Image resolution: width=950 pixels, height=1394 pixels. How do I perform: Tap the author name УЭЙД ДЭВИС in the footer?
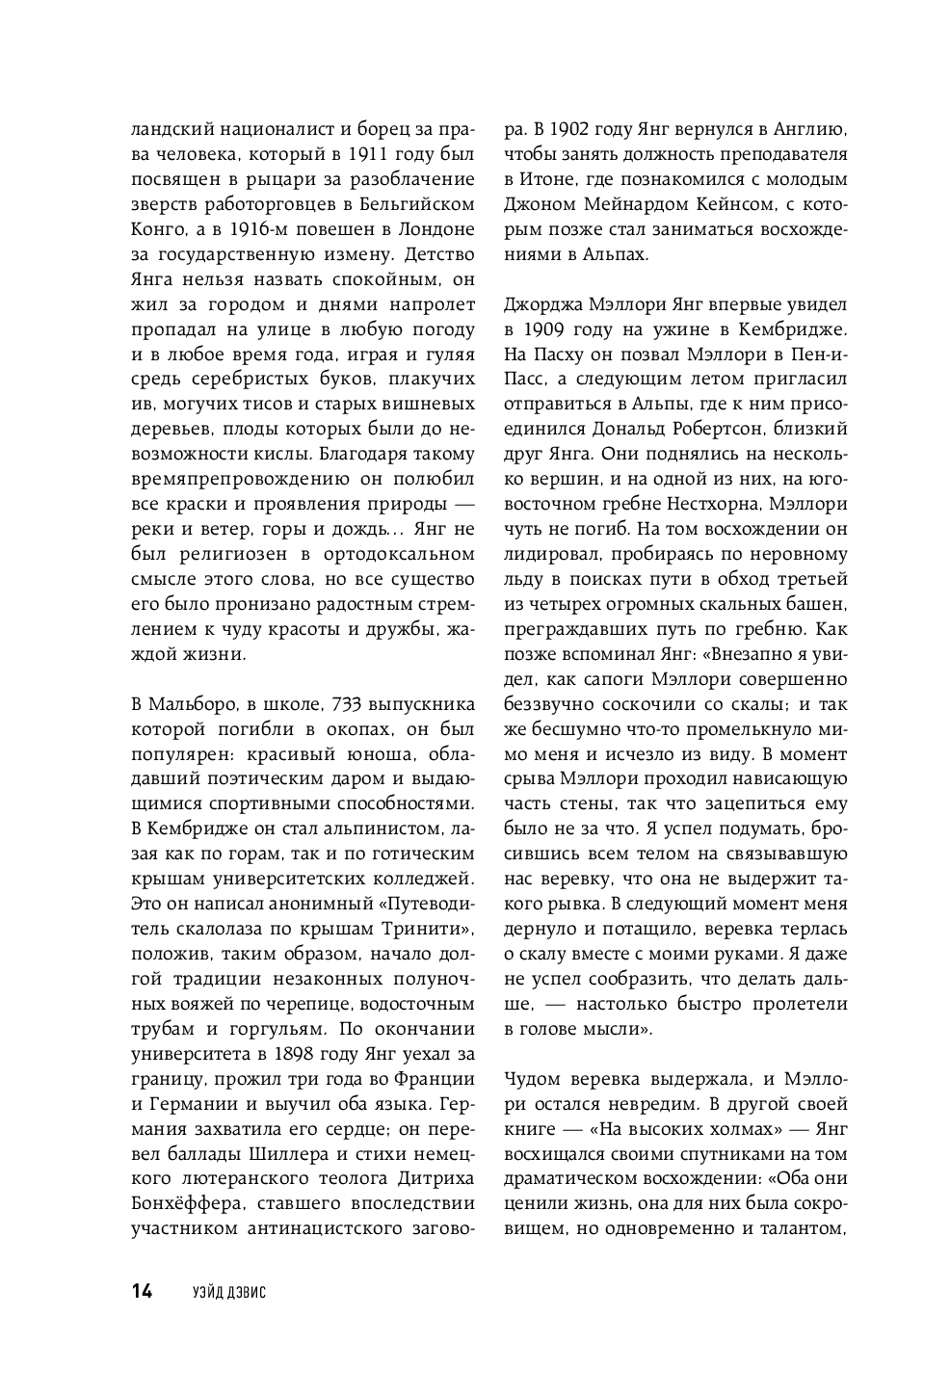[x=228, y=1293]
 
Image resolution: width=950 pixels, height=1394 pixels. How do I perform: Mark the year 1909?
[x=549, y=329]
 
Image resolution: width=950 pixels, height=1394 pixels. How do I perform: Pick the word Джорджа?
[x=542, y=304]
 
